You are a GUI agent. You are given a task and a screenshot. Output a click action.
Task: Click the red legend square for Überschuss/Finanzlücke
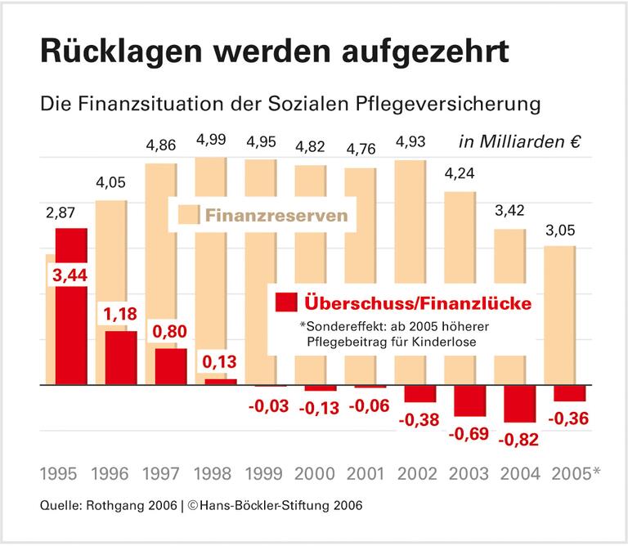click(x=285, y=302)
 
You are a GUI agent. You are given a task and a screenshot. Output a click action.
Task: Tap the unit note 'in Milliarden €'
click(x=519, y=141)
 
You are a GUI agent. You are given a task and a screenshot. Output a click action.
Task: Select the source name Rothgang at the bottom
click(x=111, y=504)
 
